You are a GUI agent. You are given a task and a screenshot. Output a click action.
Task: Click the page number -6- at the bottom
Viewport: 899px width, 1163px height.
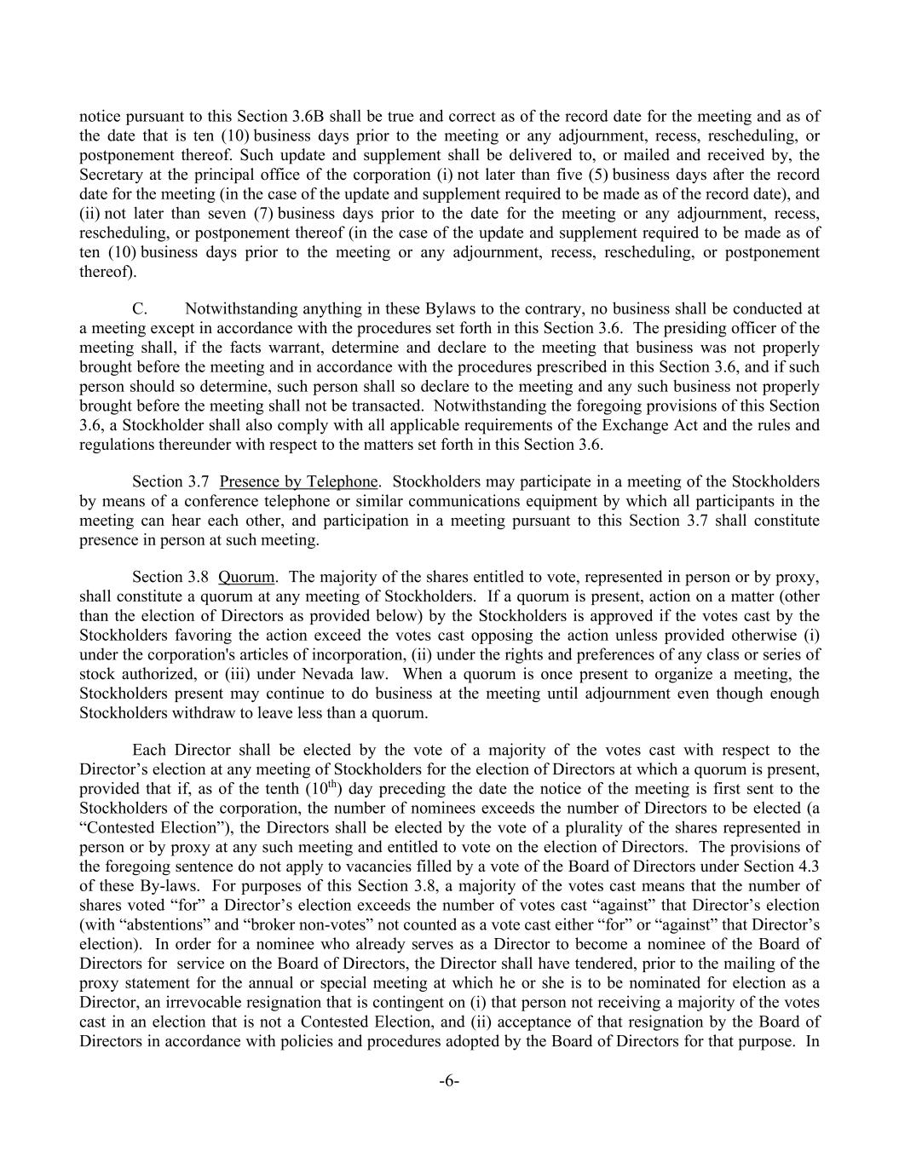pos(449,1081)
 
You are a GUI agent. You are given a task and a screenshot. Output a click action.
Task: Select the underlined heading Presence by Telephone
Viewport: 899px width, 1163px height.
pos(298,482)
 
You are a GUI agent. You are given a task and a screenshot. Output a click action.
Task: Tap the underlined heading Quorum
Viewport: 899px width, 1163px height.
pos(246,577)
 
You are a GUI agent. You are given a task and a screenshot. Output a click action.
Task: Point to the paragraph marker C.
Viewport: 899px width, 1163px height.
pos(141,308)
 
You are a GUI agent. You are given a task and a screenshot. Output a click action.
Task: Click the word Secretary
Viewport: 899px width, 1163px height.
pos(109,175)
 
